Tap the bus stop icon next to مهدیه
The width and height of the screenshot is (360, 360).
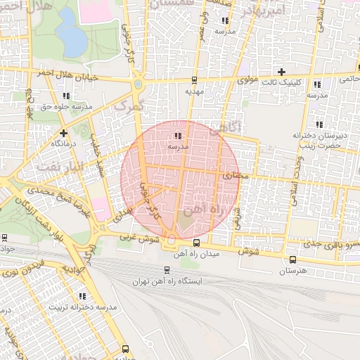(194, 79)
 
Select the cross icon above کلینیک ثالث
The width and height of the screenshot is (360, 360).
(282, 72)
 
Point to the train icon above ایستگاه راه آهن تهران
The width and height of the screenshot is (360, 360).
(167, 269)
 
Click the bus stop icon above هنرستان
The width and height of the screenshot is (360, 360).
(293, 259)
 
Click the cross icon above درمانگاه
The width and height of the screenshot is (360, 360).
(64, 132)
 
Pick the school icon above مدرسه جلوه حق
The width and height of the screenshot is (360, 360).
(67, 96)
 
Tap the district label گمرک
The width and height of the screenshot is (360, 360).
(128, 105)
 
